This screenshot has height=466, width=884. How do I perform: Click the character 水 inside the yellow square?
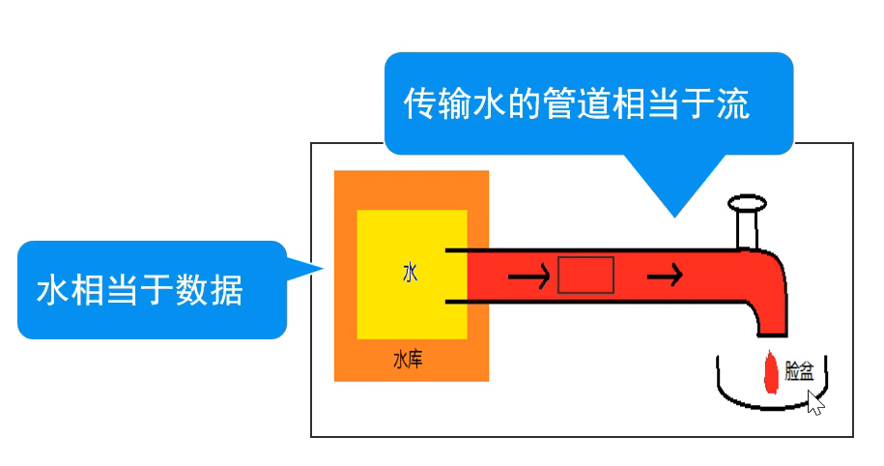click(x=412, y=274)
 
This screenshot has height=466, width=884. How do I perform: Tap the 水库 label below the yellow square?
click(x=407, y=361)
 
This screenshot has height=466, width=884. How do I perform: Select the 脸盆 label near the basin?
click(x=799, y=371)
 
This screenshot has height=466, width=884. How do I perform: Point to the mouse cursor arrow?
click(x=814, y=402)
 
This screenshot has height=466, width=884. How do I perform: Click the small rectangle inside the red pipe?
click(x=585, y=276)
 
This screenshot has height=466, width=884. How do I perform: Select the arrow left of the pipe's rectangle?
click(x=528, y=277)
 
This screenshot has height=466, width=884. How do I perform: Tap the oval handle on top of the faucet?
click(x=748, y=203)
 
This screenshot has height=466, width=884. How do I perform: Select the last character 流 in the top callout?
click(x=733, y=103)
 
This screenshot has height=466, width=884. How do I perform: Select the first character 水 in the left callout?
click(x=54, y=290)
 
